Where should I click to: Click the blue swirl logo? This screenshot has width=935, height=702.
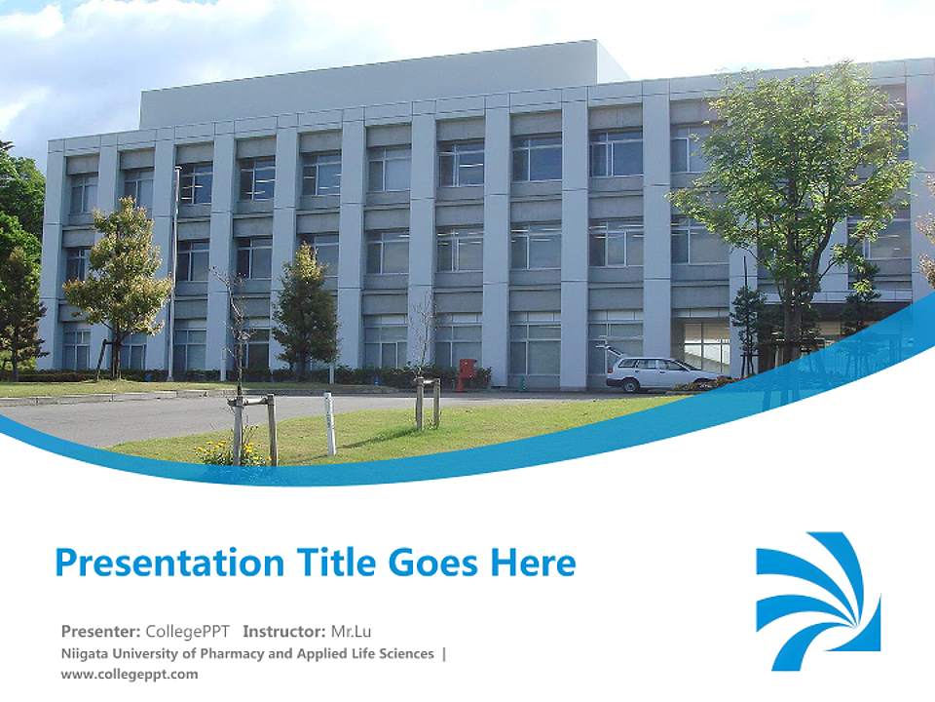(x=818, y=601)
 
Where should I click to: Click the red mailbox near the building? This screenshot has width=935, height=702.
(x=467, y=372)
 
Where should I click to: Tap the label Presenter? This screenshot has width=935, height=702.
(x=101, y=631)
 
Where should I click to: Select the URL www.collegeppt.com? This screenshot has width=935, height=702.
(x=129, y=674)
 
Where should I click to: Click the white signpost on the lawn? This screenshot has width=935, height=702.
(x=329, y=423)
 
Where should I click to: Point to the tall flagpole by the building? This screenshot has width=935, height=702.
(x=174, y=273)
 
